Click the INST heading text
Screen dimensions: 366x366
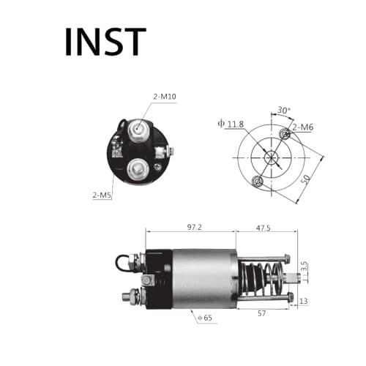tap(105, 42)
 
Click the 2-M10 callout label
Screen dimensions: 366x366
tap(165, 97)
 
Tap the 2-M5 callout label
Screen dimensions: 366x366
tap(102, 195)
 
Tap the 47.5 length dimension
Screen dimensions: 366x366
tap(264, 228)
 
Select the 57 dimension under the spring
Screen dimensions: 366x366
tap(262, 313)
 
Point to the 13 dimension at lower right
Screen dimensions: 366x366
tap(303, 301)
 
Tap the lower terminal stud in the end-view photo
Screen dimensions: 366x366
tap(135, 170)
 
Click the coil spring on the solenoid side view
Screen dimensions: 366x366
tap(260, 279)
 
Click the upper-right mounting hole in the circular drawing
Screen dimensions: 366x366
tap(285, 133)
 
